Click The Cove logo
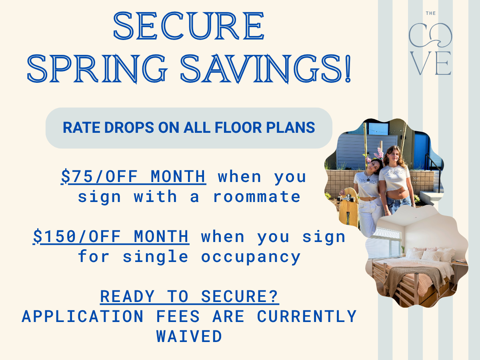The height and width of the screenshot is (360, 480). coord(430,44)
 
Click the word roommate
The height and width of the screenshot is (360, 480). coord(256,196)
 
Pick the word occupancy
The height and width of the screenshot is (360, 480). coord(251,256)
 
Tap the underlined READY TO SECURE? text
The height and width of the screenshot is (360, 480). coord(189,296)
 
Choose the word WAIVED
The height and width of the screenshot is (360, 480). coord(189,336)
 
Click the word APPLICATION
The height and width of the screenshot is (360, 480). coord(82,316)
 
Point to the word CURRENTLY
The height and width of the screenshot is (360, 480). coord(306,316)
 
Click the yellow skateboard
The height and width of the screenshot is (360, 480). coord(348,208)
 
